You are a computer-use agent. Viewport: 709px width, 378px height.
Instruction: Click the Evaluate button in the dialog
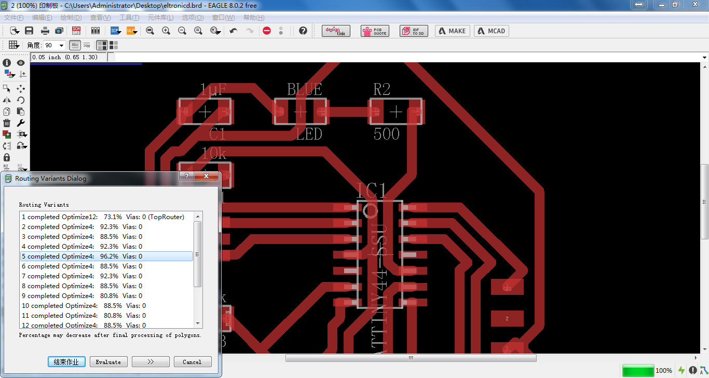(108, 362)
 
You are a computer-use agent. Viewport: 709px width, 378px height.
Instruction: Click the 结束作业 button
(66, 362)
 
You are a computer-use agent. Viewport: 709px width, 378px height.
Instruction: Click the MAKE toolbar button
(452, 31)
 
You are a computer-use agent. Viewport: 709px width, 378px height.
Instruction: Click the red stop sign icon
(267, 31)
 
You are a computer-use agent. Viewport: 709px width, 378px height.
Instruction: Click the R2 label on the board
(381, 89)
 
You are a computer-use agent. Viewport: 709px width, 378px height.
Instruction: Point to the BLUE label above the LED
(305, 89)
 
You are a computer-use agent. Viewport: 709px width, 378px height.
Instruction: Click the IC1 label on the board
(372, 191)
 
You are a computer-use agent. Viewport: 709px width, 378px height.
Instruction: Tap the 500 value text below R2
(387, 134)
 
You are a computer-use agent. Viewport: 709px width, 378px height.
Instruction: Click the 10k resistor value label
(213, 153)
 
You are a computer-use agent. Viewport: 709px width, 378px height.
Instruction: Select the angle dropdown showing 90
(54, 45)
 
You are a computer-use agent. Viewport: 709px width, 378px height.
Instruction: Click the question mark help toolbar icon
(303, 31)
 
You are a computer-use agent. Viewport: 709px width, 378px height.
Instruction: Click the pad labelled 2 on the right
(507, 318)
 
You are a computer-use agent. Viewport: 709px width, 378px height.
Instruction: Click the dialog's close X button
(207, 177)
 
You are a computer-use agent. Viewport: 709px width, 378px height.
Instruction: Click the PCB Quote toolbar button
(375, 31)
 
